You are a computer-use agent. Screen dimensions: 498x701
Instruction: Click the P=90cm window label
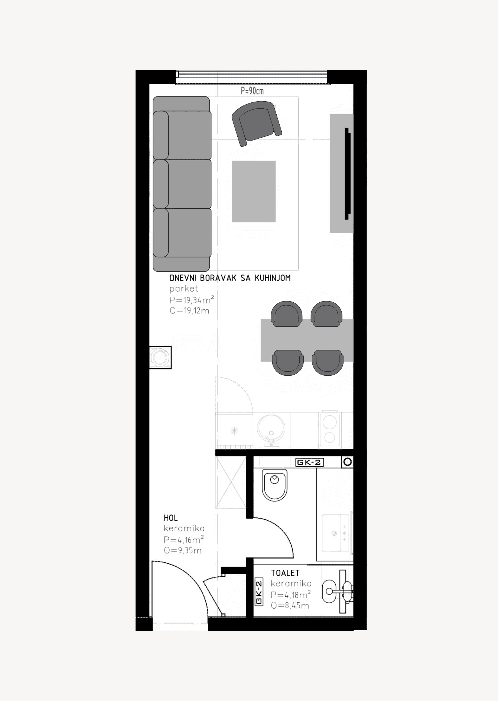click(x=252, y=91)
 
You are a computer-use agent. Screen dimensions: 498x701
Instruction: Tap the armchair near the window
click(x=257, y=124)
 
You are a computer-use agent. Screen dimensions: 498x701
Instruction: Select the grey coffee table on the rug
click(x=254, y=191)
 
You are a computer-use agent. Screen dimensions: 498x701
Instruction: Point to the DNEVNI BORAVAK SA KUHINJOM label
click(x=230, y=278)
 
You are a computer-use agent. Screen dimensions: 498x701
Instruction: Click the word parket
click(x=183, y=289)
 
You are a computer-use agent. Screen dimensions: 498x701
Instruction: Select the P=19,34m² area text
click(x=192, y=300)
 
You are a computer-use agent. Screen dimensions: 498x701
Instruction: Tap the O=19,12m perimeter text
click(x=189, y=311)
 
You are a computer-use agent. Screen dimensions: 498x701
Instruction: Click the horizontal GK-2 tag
click(x=309, y=463)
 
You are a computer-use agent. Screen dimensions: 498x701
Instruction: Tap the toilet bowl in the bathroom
click(x=275, y=485)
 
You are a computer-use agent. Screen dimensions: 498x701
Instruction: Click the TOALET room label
click(x=285, y=573)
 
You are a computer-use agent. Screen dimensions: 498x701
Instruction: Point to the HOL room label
click(x=171, y=518)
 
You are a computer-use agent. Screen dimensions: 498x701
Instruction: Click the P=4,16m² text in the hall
click(x=184, y=540)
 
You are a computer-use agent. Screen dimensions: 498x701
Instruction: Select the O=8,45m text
click(x=290, y=606)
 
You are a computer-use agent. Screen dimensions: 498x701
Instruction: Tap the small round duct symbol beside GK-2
click(x=348, y=462)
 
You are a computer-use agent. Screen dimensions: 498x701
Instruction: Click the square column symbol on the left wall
click(x=160, y=358)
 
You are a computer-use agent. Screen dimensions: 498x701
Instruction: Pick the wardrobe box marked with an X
click(x=231, y=483)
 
